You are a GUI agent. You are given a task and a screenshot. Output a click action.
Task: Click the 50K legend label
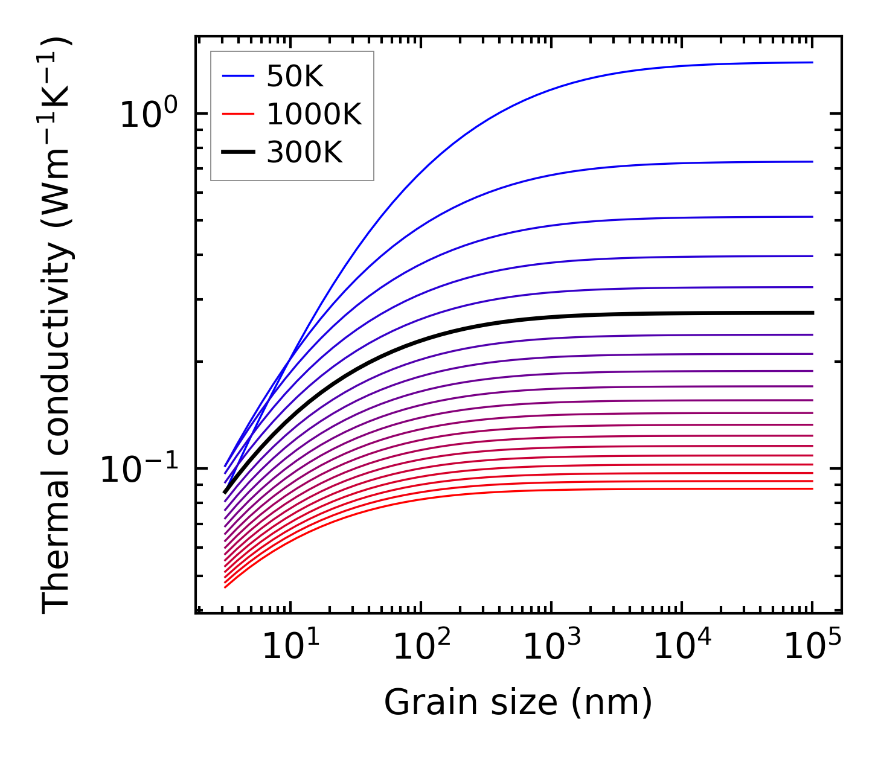[x=295, y=77]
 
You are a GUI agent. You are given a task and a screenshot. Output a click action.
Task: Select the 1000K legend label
[x=314, y=115]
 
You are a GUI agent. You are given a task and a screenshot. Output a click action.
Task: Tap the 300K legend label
[x=304, y=153]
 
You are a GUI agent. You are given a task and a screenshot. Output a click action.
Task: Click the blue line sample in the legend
[x=239, y=77]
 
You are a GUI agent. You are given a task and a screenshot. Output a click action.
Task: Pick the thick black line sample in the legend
[x=239, y=153]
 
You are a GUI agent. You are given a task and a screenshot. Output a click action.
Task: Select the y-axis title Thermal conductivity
[x=57, y=326]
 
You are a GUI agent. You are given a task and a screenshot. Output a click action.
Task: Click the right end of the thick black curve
[x=813, y=313]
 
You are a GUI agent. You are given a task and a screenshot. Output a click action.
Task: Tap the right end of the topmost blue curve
[x=812, y=62]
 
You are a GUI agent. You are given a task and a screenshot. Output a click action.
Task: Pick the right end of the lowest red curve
[x=812, y=488]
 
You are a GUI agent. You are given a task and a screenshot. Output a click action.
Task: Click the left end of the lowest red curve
[x=225, y=587]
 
